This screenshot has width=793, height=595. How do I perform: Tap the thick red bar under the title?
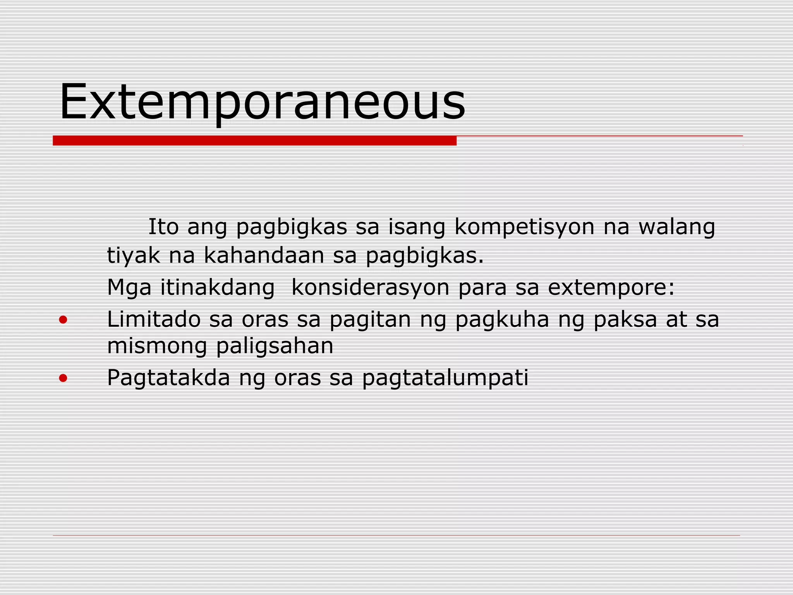coord(254,141)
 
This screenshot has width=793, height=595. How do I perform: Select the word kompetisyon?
coord(524,227)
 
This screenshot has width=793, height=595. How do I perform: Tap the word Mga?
coord(129,288)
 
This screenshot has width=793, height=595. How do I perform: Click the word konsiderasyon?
coord(370,288)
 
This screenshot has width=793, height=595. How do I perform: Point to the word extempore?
coord(611,288)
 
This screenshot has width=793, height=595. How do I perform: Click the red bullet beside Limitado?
coord(63,320)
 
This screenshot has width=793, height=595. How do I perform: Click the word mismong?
coord(157,346)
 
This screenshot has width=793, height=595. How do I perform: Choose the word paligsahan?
coord(275,346)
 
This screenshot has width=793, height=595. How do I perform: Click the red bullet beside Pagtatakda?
coord(63,378)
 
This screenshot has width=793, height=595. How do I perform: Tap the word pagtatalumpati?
coord(445,378)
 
